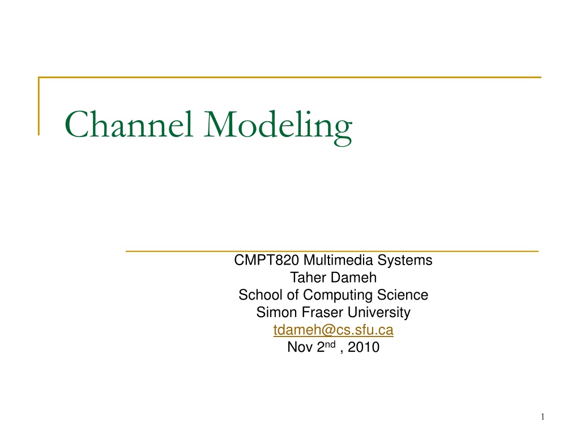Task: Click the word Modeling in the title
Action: tap(278, 127)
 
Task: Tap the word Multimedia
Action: tap(338, 260)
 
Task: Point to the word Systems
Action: tap(404, 261)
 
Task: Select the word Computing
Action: tap(338, 296)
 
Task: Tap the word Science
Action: tap(403, 295)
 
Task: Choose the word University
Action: tap(379, 313)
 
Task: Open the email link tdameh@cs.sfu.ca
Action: tap(333, 330)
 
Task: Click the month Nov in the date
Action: tap(300, 347)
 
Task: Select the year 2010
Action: tap(364, 347)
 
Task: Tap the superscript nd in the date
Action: tap(330, 344)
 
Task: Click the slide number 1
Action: tap(543, 417)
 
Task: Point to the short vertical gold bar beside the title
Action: tap(39, 106)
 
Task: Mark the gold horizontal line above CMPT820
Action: tap(332, 251)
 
